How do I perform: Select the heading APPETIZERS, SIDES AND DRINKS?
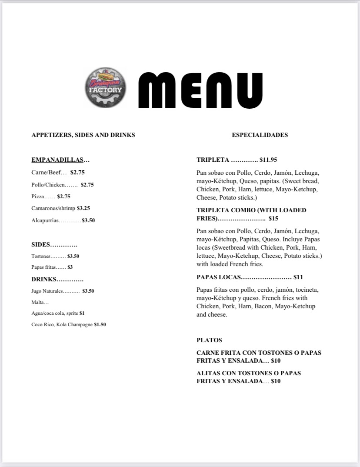click(83, 135)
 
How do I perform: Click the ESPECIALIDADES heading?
click(260, 135)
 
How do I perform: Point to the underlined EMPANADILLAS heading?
click(57, 160)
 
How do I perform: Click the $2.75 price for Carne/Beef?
click(77, 172)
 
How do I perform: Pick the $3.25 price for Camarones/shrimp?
click(83, 208)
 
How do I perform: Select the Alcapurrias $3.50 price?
click(88, 220)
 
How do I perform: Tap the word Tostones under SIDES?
click(41, 256)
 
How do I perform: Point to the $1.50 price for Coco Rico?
click(100, 324)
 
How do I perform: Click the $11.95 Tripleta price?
click(268, 160)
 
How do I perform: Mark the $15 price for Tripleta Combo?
click(273, 218)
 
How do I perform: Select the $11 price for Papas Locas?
click(298, 277)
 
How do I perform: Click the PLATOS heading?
click(209, 340)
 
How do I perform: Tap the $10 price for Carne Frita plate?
click(276, 360)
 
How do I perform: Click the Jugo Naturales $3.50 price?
click(88, 291)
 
